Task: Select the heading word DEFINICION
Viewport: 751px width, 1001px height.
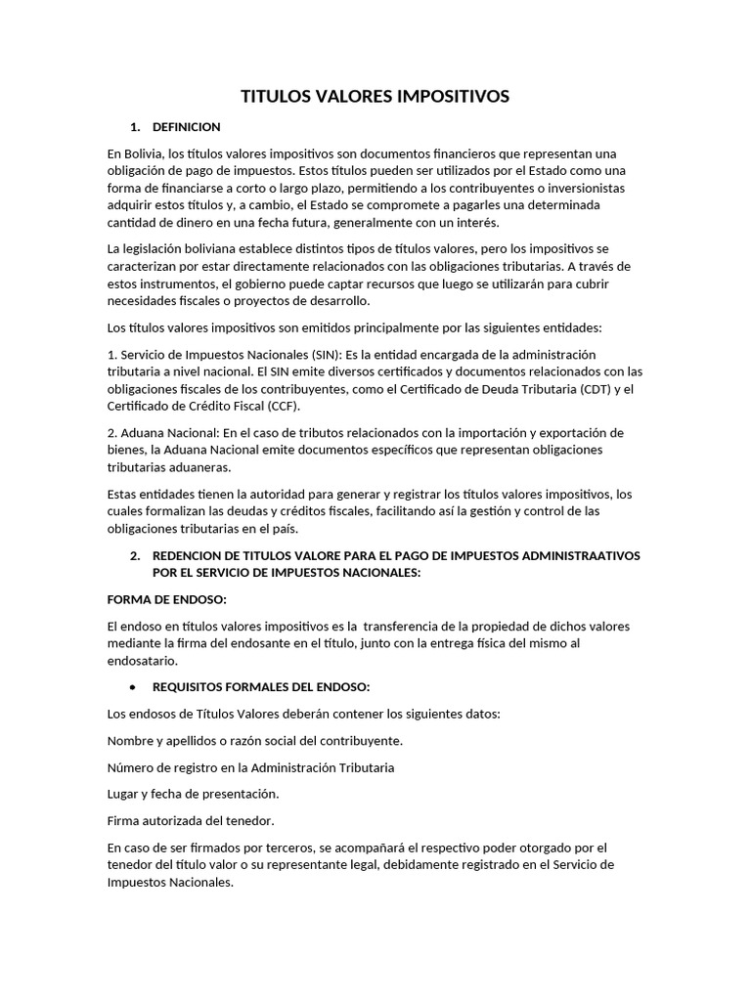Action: point(187,127)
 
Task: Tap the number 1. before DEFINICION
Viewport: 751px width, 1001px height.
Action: point(135,127)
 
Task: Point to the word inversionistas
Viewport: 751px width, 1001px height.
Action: point(583,188)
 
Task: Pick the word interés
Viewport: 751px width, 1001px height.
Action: point(477,222)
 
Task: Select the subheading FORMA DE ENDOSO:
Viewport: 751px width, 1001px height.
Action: point(166,599)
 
